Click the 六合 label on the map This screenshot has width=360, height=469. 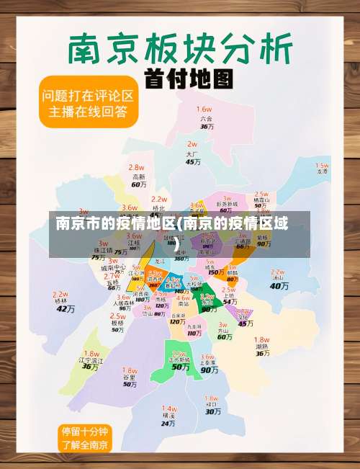(207, 117)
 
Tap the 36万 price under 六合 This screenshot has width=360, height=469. (207, 126)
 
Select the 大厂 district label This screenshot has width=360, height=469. (192, 153)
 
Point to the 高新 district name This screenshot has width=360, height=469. (138, 177)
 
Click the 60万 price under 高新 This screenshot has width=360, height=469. (138, 185)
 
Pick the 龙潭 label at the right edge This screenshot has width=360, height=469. (322, 171)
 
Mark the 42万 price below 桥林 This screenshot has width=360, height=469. (66, 309)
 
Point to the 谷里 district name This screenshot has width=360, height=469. (129, 377)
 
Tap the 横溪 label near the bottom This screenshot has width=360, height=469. (168, 415)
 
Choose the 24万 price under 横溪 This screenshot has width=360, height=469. (168, 424)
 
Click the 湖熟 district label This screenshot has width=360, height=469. (261, 347)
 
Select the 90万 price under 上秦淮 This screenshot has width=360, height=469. (209, 370)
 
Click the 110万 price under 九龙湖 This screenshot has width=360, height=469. (194, 334)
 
